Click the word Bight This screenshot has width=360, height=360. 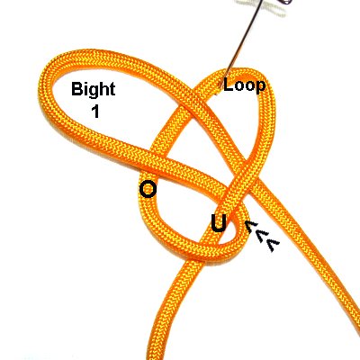94,90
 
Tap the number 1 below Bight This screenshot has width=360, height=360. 95,111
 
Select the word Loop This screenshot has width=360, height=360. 244,86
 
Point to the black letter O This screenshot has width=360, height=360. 148,190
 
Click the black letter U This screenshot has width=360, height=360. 220,223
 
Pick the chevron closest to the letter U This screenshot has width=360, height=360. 252,227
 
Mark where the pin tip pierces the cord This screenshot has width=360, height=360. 221,87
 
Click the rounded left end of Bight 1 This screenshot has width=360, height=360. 45,87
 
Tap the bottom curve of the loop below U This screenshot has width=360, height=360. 207,251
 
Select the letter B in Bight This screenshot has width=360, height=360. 76,89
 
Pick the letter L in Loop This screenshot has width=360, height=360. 228,85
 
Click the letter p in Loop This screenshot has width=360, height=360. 260,87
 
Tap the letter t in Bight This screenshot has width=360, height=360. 112,89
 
